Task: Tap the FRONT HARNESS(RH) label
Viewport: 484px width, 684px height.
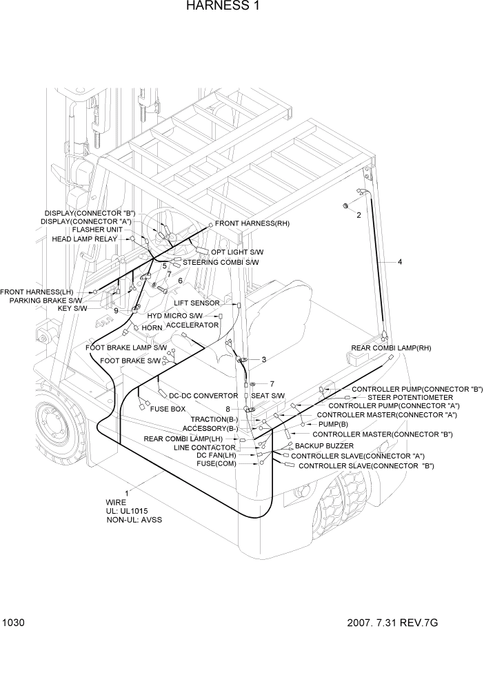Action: (x=252, y=223)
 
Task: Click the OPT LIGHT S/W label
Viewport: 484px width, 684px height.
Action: (x=237, y=252)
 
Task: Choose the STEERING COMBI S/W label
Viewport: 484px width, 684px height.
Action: (x=221, y=262)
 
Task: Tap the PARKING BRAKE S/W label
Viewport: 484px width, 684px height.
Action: (x=46, y=300)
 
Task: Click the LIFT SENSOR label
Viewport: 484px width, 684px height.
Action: (x=196, y=303)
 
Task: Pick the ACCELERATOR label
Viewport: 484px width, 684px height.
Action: (x=192, y=324)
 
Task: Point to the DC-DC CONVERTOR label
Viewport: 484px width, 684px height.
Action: (x=203, y=396)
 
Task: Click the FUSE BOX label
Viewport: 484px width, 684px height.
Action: (x=168, y=409)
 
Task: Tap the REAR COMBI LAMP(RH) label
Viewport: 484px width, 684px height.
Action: (x=391, y=348)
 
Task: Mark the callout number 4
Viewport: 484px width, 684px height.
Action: (x=399, y=261)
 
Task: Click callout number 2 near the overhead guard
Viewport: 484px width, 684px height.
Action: (x=359, y=215)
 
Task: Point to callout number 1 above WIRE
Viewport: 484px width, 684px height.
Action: (x=126, y=492)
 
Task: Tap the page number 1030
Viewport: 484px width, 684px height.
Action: (x=14, y=623)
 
